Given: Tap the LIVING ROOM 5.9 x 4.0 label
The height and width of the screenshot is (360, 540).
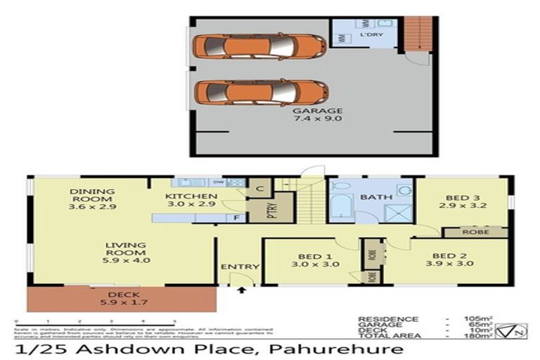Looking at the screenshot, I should pyautogui.click(x=125, y=251).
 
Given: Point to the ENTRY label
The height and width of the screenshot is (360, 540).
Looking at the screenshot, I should pyautogui.click(x=240, y=267).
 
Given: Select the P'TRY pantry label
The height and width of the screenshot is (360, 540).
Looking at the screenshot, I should pyautogui.click(x=271, y=212).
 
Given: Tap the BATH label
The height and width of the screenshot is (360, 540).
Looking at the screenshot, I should pyautogui.click(x=371, y=198).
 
